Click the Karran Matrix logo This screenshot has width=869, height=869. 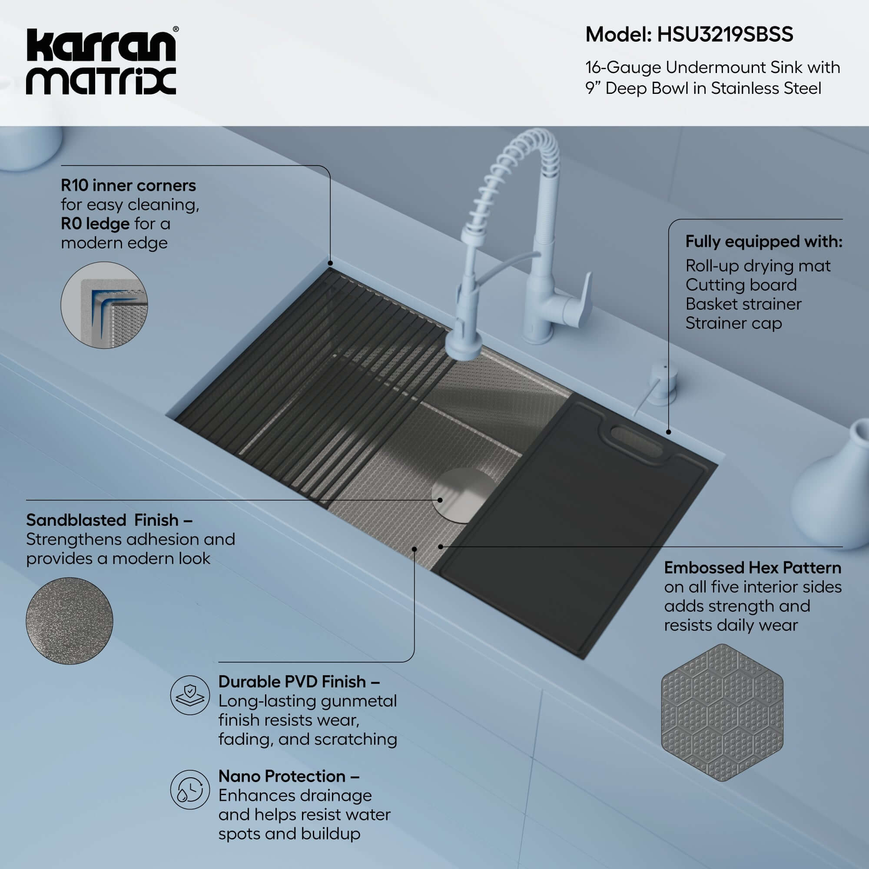(101, 62)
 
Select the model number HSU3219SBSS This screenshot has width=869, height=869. (725, 35)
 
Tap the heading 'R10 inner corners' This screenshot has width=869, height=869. (128, 186)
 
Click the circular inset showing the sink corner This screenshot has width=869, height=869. (104, 305)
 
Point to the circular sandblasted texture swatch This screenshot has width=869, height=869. (69, 621)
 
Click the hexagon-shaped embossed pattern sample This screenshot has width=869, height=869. (721, 713)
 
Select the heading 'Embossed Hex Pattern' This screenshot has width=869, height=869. (752, 567)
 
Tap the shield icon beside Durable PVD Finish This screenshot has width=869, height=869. (190, 695)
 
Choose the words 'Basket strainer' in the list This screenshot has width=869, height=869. (743, 304)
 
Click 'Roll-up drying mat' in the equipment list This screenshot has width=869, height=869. (757, 266)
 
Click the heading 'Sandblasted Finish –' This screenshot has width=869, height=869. (109, 520)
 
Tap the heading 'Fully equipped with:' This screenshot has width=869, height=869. (763, 242)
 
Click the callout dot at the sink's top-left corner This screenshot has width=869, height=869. (330, 263)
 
